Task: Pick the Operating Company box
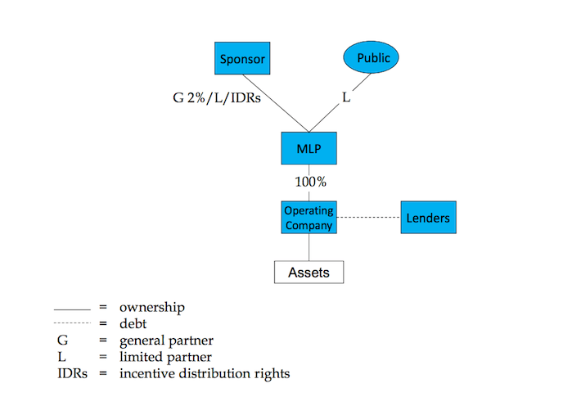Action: coord(309,217)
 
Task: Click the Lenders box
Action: coord(428,218)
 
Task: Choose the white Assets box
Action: coord(309,272)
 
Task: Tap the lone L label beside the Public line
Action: coord(345,97)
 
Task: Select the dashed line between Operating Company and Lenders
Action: coord(368,217)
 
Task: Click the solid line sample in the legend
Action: coord(71,309)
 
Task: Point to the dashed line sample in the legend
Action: coord(71,323)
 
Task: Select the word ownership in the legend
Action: coord(152,308)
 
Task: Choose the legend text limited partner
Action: coord(165,357)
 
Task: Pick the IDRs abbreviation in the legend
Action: coord(69,373)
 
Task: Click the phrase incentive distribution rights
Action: coord(205,373)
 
